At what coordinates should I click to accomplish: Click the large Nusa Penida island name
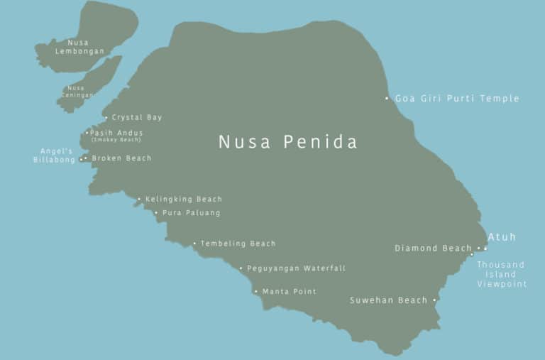[287, 142]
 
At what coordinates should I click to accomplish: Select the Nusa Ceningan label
[77, 92]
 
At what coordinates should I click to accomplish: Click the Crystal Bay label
[137, 118]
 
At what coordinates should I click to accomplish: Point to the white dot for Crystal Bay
[106, 118]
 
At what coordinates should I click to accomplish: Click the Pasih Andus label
[116, 133]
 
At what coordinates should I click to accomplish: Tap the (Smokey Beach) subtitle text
[116, 140]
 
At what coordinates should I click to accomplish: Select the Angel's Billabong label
[53, 156]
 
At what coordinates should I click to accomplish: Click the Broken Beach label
[121, 158]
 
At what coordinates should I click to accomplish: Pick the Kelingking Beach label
[184, 200]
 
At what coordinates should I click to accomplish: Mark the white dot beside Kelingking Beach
[139, 200]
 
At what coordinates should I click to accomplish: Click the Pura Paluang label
[191, 213]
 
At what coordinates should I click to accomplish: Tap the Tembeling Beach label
[238, 244]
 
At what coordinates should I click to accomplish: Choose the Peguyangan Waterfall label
[296, 268]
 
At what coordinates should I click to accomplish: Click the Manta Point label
[290, 292]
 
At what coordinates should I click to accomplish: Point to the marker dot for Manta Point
[256, 292]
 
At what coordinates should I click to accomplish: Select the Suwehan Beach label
[389, 301]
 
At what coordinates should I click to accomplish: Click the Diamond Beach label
[433, 249]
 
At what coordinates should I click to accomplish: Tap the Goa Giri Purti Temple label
[457, 99]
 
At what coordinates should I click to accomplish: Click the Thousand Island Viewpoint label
[502, 275]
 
